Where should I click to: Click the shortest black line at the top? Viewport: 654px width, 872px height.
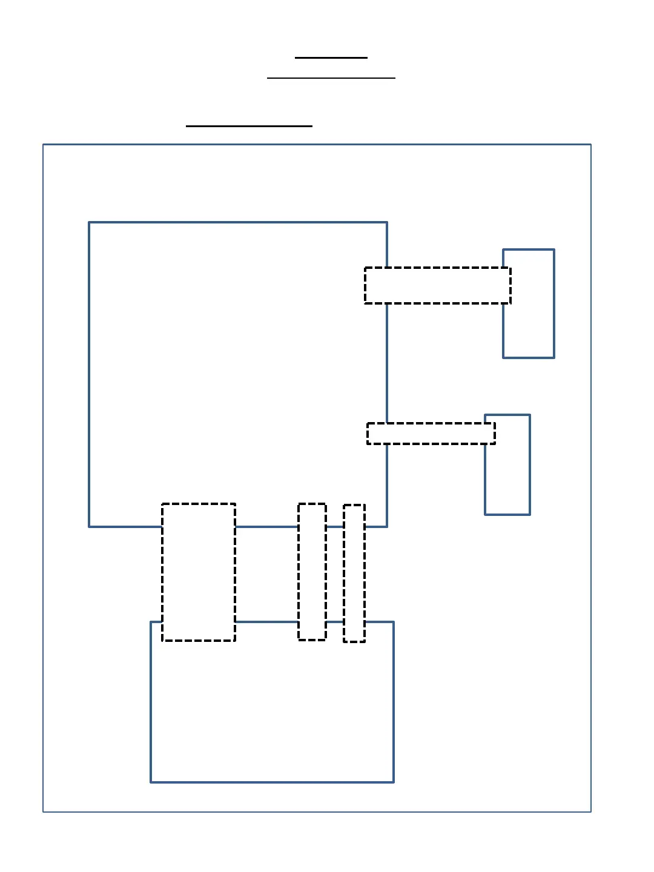[331, 58]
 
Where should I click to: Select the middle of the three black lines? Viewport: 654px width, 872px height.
[331, 78]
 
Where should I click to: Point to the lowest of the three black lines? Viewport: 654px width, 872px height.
[249, 126]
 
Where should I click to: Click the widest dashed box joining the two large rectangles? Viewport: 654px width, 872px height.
[199, 572]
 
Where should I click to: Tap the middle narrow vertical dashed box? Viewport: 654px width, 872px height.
[312, 572]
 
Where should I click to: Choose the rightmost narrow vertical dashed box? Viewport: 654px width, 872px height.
[354, 573]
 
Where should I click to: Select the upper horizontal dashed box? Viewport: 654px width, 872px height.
[437, 285]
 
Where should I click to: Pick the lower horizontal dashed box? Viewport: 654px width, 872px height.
[431, 434]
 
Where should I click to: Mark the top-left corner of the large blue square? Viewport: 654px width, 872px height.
[89, 222]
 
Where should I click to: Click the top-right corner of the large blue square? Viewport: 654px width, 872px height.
[387, 222]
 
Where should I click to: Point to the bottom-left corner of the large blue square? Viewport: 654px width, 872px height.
[89, 526]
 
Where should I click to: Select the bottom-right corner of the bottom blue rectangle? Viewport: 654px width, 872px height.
[394, 782]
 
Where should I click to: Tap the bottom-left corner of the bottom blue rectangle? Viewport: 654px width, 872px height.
[151, 782]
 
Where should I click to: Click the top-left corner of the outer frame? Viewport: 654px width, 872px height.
[43, 144]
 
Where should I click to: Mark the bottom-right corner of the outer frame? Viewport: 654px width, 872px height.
[590, 811]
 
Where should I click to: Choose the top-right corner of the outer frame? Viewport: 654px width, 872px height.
[590, 144]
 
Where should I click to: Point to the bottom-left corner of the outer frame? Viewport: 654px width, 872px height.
[43, 811]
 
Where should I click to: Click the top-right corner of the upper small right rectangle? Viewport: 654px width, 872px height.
[554, 249]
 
